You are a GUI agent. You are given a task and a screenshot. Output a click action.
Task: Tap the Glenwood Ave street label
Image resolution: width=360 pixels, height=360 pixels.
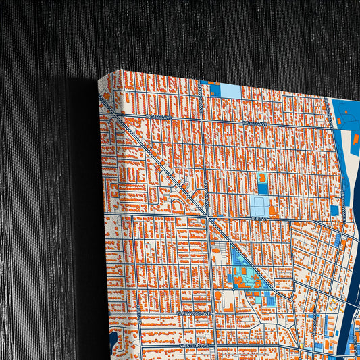194,313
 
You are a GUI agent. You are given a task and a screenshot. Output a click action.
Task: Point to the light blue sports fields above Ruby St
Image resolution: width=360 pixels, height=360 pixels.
259,205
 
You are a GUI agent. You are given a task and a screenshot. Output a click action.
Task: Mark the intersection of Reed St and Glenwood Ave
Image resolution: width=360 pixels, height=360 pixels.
138,311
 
